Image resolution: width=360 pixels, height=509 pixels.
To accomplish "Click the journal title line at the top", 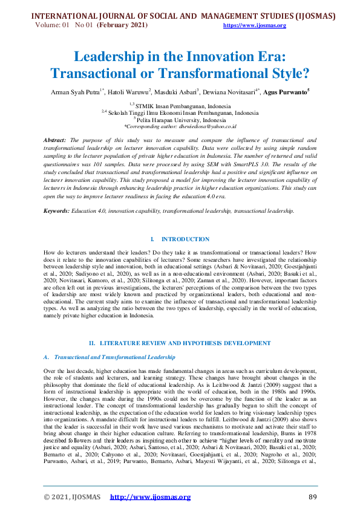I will point(180,16).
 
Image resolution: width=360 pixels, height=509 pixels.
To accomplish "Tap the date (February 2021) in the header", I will point(122,25).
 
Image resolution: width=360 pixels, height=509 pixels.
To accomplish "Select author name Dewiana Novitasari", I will point(229,92).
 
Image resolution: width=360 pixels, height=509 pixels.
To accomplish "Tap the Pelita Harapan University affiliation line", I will point(182,120).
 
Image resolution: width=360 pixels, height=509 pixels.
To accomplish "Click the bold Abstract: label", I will point(56,140).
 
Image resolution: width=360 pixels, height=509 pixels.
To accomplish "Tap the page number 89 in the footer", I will point(313,497).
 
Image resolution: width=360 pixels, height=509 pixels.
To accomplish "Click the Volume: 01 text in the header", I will point(53,25).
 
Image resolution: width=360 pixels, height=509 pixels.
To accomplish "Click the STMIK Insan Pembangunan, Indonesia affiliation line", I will point(180,106).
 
